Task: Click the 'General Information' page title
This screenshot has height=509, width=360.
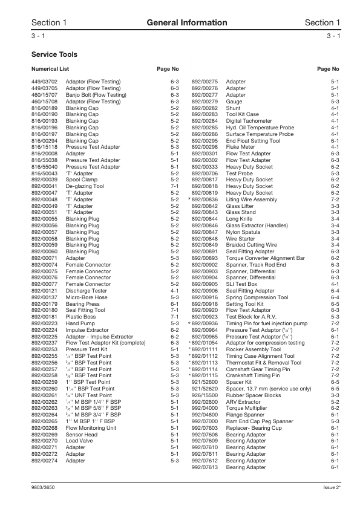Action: pos(180,22)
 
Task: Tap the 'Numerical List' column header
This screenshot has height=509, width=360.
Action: pos(50,69)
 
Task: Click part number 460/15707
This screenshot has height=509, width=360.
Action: pos(44,95)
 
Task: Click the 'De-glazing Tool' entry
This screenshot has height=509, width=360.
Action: pos(85,186)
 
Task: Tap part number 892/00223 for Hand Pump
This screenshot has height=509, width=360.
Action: pos(44,323)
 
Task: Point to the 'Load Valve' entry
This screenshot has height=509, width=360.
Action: pos(79,441)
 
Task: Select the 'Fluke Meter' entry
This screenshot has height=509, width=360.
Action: pos(240,147)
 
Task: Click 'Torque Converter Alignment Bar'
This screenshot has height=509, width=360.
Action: pos(265,258)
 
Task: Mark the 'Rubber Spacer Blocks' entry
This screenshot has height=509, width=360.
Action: pos(254,395)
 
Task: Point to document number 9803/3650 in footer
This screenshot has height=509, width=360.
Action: pos(44,488)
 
